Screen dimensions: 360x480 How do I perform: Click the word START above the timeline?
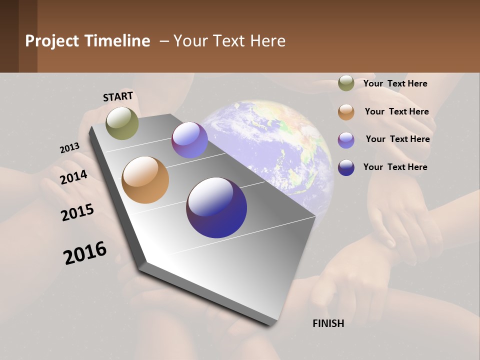pos(118,96)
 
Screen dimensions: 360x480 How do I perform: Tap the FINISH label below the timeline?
pos(328,323)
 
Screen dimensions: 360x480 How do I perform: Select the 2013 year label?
pos(69,148)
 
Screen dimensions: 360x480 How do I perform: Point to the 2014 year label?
pos(73,177)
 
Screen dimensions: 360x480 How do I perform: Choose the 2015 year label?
pos(77,212)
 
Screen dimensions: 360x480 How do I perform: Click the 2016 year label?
pos(85,253)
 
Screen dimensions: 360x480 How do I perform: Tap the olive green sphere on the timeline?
pos(122,123)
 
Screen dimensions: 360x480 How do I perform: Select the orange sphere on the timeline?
pos(145,180)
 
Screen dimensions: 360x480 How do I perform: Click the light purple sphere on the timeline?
pos(189,140)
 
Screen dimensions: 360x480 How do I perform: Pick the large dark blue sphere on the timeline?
pos(216,207)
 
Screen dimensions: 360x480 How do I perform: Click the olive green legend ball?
pos(346,83)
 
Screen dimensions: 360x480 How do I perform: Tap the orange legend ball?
pos(346,112)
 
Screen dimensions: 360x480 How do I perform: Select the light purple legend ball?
pos(346,140)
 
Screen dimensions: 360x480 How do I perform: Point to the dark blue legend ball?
pos(346,167)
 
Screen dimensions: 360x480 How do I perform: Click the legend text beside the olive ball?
pos(395,83)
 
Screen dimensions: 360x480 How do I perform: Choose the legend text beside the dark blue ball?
pos(395,167)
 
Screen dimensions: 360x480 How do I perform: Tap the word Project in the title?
pos(52,41)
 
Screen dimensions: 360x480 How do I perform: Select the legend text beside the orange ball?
pos(396,111)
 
